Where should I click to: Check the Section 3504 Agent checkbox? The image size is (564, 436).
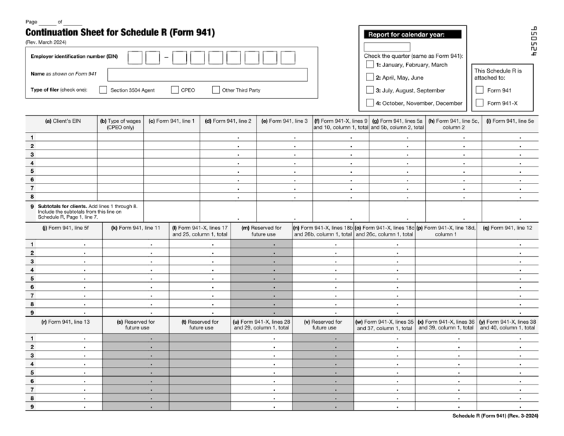coord(104,90)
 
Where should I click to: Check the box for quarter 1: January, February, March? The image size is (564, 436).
coord(370,65)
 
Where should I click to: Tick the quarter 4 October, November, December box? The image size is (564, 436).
coord(370,103)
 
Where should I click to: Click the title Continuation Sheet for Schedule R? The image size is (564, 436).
coord(120,33)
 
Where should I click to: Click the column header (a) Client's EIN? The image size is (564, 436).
coord(63,121)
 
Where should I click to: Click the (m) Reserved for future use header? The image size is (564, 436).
coord(262,231)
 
